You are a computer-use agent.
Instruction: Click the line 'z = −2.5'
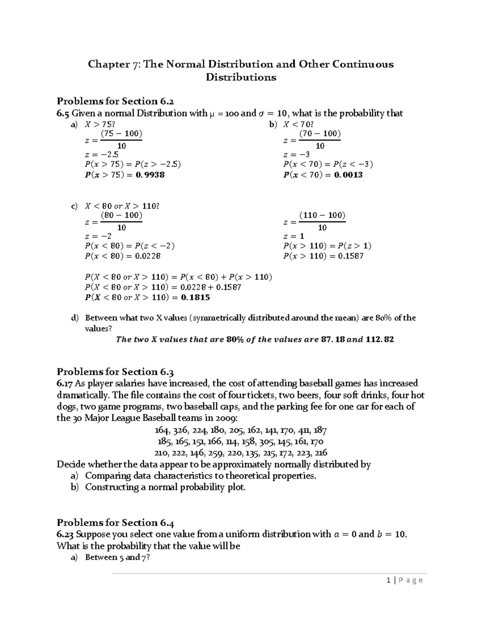[102, 154]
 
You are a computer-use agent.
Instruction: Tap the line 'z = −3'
[296, 154]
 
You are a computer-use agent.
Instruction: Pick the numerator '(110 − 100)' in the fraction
[322, 215]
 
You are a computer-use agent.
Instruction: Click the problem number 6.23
[65, 534]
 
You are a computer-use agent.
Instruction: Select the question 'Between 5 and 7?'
[117, 557]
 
